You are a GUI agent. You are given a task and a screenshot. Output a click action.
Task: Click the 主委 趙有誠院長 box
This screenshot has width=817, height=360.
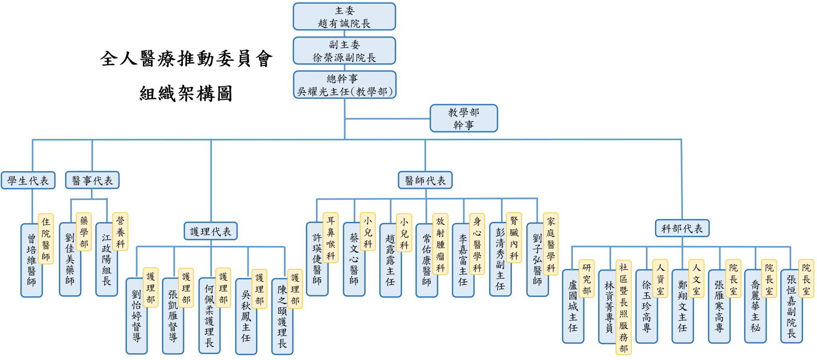[x=344, y=17]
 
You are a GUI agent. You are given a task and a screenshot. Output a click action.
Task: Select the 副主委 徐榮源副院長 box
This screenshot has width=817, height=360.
[x=344, y=51]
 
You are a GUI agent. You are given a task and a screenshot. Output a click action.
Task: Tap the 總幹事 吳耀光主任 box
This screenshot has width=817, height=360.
[x=345, y=85]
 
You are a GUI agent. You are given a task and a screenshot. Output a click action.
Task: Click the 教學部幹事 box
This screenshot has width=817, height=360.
[x=464, y=118]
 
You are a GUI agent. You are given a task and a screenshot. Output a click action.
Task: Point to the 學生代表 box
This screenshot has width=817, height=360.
[x=28, y=180]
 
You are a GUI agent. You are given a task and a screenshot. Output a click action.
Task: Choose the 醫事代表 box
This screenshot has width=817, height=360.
[x=92, y=180]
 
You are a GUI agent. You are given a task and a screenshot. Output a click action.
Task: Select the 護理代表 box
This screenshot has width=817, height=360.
[x=211, y=231]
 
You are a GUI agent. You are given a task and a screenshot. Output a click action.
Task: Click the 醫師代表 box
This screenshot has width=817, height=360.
[x=425, y=180]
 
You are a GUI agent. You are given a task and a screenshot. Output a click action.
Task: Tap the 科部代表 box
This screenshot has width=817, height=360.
[x=682, y=228]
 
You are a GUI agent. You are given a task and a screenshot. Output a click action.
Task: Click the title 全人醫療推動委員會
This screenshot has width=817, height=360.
[x=186, y=59]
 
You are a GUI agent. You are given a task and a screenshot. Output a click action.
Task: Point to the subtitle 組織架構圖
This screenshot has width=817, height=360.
[x=186, y=94]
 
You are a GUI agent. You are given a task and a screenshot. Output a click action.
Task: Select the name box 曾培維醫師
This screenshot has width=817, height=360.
[x=31, y=260]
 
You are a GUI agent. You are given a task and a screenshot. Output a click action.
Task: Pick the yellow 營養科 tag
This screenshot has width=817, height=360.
[x=120, y=232]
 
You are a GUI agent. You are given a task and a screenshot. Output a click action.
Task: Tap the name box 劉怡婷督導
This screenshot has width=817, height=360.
[x=136, y=316]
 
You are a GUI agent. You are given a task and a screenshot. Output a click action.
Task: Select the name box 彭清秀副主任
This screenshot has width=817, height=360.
[x=500, y=259]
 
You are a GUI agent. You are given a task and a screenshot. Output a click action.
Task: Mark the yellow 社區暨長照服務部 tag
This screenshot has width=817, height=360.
[x=624, y=307]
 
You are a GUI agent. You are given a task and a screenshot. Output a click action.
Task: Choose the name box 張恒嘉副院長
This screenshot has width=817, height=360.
[x=791, y=306]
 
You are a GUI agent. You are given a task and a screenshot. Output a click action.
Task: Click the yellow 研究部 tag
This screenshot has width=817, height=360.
[x=587, y=279]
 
